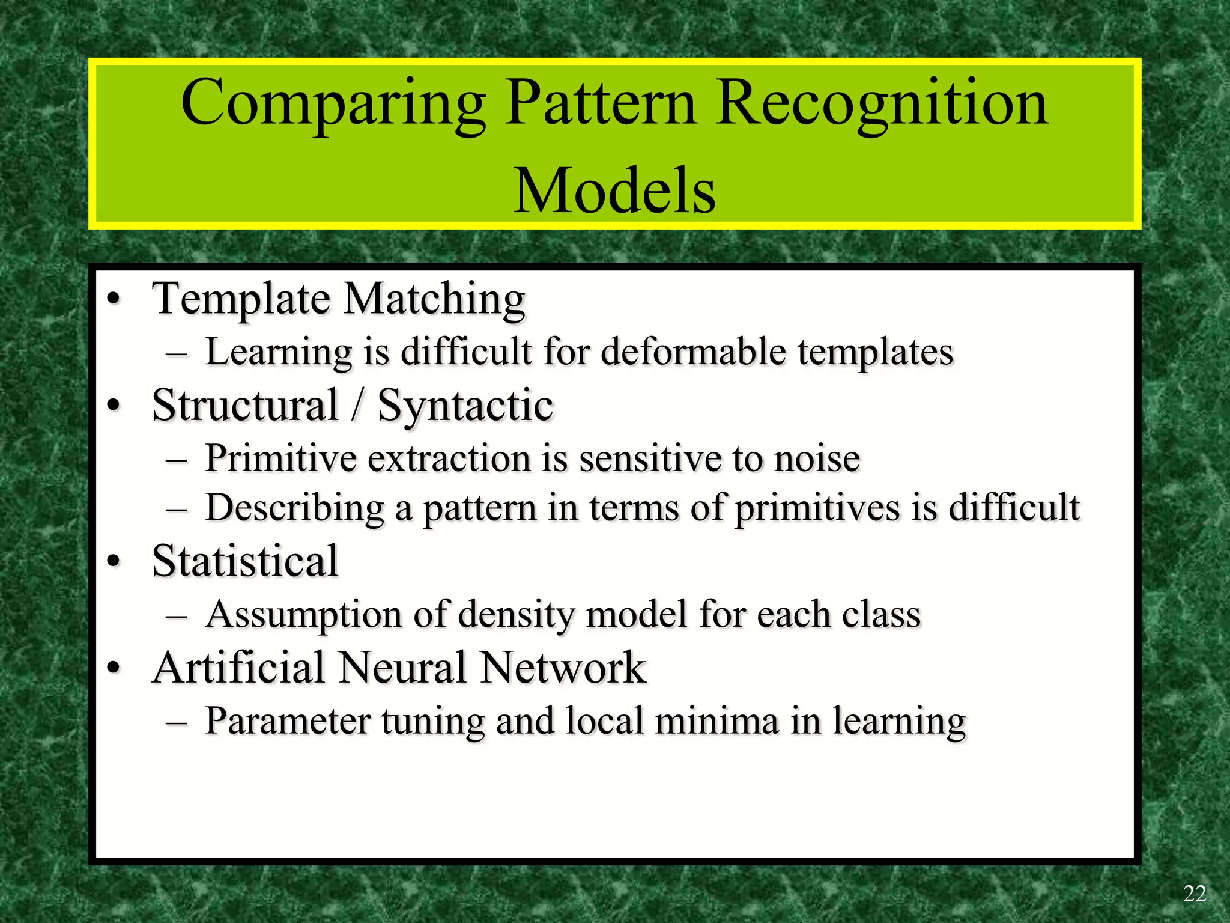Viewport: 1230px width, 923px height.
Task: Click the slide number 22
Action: [1194, 894]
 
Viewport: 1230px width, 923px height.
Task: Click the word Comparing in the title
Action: [333, 103]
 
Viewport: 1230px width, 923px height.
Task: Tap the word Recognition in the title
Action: [882, 103]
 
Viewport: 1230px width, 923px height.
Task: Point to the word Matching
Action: [434, 299]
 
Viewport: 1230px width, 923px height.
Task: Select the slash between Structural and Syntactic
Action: [357, 405]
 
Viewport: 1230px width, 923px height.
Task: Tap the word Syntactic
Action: [465, 406]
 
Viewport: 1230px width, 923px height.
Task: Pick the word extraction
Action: [449, 458]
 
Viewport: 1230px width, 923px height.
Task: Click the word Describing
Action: [294, 508]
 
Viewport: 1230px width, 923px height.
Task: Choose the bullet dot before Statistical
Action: [114, 561]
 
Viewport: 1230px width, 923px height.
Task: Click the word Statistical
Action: [245, 561]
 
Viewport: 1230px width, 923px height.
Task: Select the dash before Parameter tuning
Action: [176, 721]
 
